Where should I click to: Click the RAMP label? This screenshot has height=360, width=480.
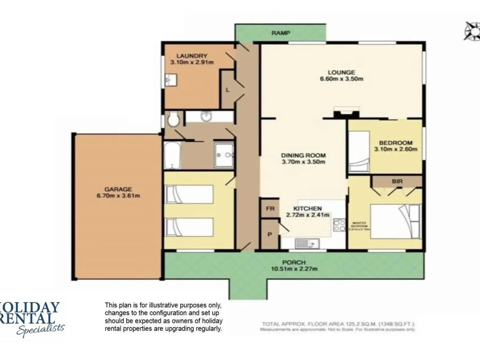(x=281, y=33)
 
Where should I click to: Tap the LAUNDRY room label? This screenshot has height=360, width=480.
(x=192, y=56)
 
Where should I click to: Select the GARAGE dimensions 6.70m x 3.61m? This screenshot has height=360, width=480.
(x=118, y=196)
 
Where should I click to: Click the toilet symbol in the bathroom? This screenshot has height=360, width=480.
(x=173, y=119)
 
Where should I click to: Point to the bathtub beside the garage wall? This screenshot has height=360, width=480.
(x=172, y=156)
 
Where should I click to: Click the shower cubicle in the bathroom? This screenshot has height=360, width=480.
(x=224, y=155)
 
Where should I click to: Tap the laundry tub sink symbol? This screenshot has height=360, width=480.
(x=171, y=80)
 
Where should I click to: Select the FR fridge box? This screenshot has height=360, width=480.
(x=270, y=209)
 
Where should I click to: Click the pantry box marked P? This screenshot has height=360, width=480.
(x=270, y=234)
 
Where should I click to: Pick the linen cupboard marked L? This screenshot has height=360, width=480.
(x=228, y=90)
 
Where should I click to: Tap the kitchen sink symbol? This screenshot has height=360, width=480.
(x=307, y=244)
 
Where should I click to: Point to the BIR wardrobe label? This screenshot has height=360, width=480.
(x=397, y=181)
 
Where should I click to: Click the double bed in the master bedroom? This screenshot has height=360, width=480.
(x=395, y=222)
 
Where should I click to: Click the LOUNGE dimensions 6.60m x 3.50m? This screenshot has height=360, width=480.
(x=341, y=79)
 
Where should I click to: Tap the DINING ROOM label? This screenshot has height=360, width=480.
(x=303, y=155)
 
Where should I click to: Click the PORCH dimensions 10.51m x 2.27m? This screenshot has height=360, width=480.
(x=294, y=269)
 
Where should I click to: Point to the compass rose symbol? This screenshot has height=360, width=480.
(x=471, y=31)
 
